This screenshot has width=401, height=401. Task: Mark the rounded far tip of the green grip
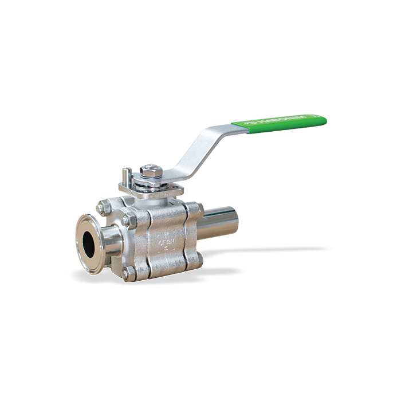[324, 119]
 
